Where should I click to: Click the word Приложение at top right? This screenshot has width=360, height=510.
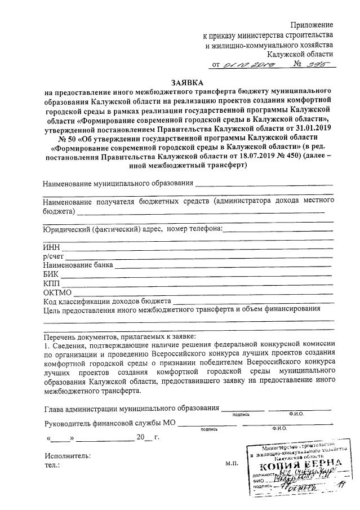312,25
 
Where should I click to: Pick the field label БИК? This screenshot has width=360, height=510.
51,274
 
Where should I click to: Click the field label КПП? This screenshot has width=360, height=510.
51,283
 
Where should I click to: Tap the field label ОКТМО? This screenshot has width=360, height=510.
57,292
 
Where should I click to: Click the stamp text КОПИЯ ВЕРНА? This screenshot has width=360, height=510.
299,465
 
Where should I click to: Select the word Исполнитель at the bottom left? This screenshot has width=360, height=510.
67,455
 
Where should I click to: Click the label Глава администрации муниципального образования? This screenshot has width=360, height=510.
131,408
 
